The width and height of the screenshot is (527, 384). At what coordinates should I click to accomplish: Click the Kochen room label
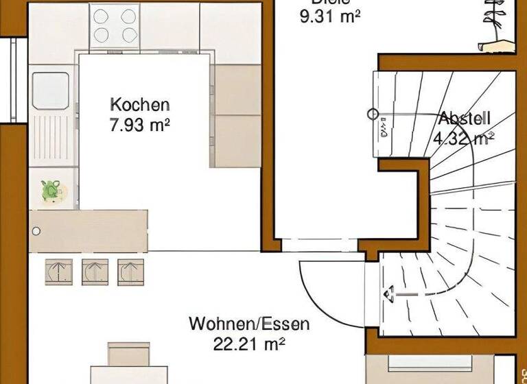click(x=140, y=105)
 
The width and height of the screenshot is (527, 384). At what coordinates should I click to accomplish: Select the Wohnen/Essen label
click(x=249, y=323)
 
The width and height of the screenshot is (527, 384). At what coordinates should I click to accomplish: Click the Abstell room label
click(x=465, y=117)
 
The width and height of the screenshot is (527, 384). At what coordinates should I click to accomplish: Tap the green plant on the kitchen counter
click(x=51, y=189)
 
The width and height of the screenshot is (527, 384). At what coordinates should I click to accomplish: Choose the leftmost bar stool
click(x=59, y=272)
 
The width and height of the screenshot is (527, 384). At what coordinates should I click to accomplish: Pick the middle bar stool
click(x=95, y=272)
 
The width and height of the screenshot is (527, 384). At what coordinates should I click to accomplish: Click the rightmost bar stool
click(x=130, y=272)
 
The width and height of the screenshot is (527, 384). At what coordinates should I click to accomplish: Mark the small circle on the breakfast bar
click(x=36, y=231)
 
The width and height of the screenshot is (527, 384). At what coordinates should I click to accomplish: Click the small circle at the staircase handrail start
click(x=373, y=115)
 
